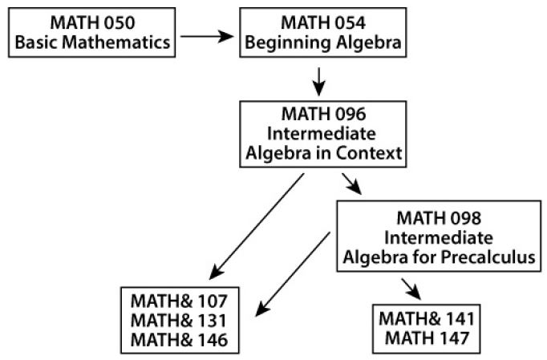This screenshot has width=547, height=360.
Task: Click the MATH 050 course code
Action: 92,23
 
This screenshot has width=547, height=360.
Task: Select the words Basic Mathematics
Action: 92,42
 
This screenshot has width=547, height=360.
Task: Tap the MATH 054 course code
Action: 323,23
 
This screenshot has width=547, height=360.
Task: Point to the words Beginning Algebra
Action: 323,43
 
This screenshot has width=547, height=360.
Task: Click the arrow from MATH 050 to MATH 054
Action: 207,36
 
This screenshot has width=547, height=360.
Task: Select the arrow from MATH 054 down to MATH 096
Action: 318,82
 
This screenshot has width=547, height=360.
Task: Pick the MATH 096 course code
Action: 323,114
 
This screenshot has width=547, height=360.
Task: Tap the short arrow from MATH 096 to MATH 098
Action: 351,184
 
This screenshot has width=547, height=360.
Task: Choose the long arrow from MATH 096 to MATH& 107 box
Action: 257,226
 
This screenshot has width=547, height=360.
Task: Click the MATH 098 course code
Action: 439,218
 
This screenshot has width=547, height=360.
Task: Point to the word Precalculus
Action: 488,257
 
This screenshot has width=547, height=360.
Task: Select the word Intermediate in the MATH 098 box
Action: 439,238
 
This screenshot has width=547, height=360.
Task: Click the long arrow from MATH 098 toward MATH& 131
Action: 293,274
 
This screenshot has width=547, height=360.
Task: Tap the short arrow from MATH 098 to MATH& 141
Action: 411,289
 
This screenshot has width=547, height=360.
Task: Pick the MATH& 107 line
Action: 179,301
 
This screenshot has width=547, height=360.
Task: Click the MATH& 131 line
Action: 179,321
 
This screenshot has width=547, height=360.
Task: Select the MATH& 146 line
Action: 179,340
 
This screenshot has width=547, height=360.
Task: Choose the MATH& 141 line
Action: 427,319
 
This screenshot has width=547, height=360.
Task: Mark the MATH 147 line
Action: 427,338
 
